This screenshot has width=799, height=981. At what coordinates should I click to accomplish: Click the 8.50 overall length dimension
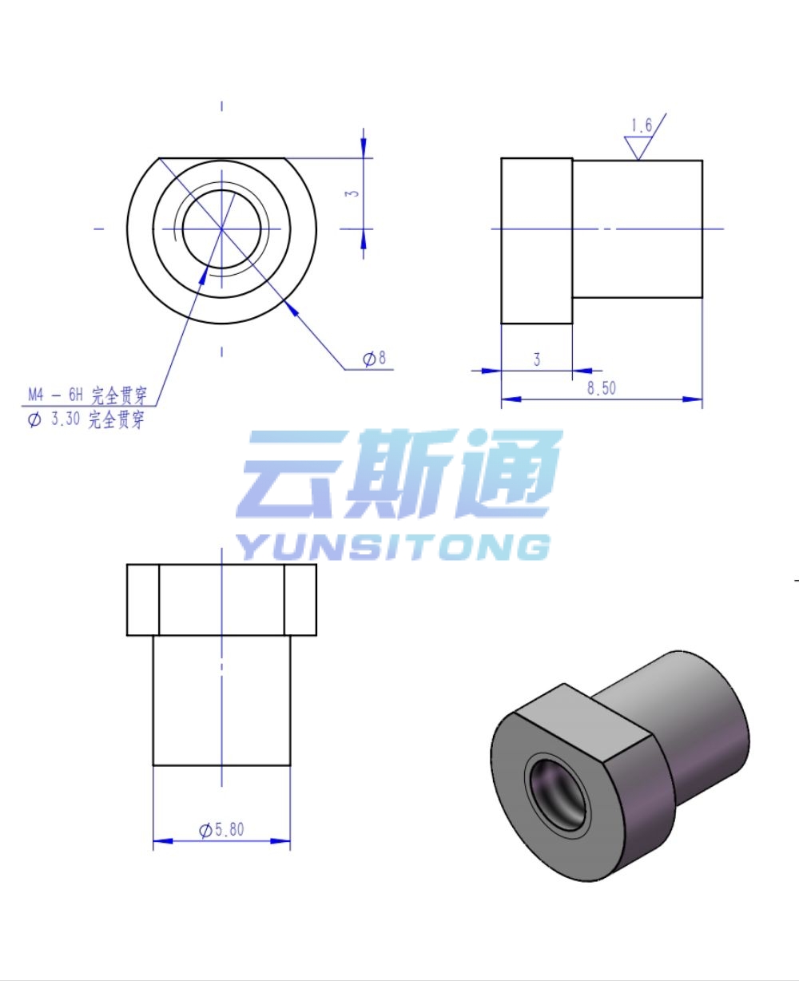pos(601,388)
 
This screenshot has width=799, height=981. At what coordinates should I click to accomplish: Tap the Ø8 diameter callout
pos(375,359)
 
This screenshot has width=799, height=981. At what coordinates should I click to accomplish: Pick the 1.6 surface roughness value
pos(641,125)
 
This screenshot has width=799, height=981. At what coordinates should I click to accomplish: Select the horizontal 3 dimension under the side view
pos(537,359)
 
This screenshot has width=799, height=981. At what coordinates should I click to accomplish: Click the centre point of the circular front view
pos(222,228)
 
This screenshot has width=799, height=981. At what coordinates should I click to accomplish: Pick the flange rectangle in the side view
pos(537,241)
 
